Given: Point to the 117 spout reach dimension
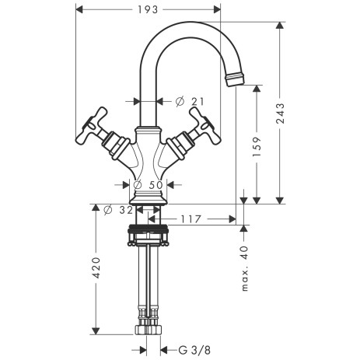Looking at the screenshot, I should tap(191, 220).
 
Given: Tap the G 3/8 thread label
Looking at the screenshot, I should tap(193, 350).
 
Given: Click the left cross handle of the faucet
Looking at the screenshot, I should tap(94, 129).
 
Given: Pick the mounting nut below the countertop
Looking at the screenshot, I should tap(148, 231).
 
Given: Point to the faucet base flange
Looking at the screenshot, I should tap(148, 201).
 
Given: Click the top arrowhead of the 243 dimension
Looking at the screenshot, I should tap(279, 24).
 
